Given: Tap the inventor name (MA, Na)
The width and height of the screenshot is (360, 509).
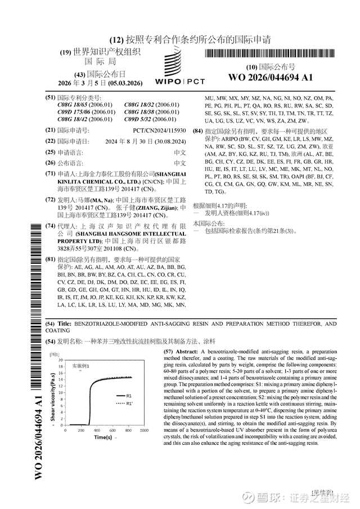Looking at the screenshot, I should [x=106, y=200].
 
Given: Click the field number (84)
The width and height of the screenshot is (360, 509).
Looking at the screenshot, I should [x=197, y=131].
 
